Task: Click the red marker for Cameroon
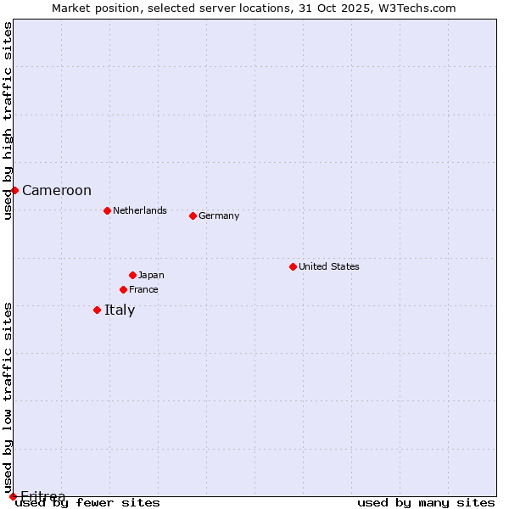(x=14, y=190)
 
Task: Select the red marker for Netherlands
(x=107, y=210)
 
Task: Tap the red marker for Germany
(x=193, y=215)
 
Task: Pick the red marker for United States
(x=293, y=266)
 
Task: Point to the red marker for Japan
(x=132, y=275)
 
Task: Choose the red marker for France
(x=123, y=289)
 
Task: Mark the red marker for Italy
(x=97, y=310)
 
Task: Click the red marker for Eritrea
(x=13, y=496)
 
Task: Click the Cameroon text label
(x=57, y=191)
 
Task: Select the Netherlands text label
(x=140, y=210)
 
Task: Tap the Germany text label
(x=219, y=215)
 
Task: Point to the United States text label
(x=329, y=266)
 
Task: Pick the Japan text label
(x=151, y=275)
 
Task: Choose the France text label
(x=143, y=289)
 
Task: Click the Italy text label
(x=120, y=310)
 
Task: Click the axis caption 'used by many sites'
(x=426, y=503)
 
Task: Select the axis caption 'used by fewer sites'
(x=88, y=503)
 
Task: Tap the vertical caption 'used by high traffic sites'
(x=8, y=120)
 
